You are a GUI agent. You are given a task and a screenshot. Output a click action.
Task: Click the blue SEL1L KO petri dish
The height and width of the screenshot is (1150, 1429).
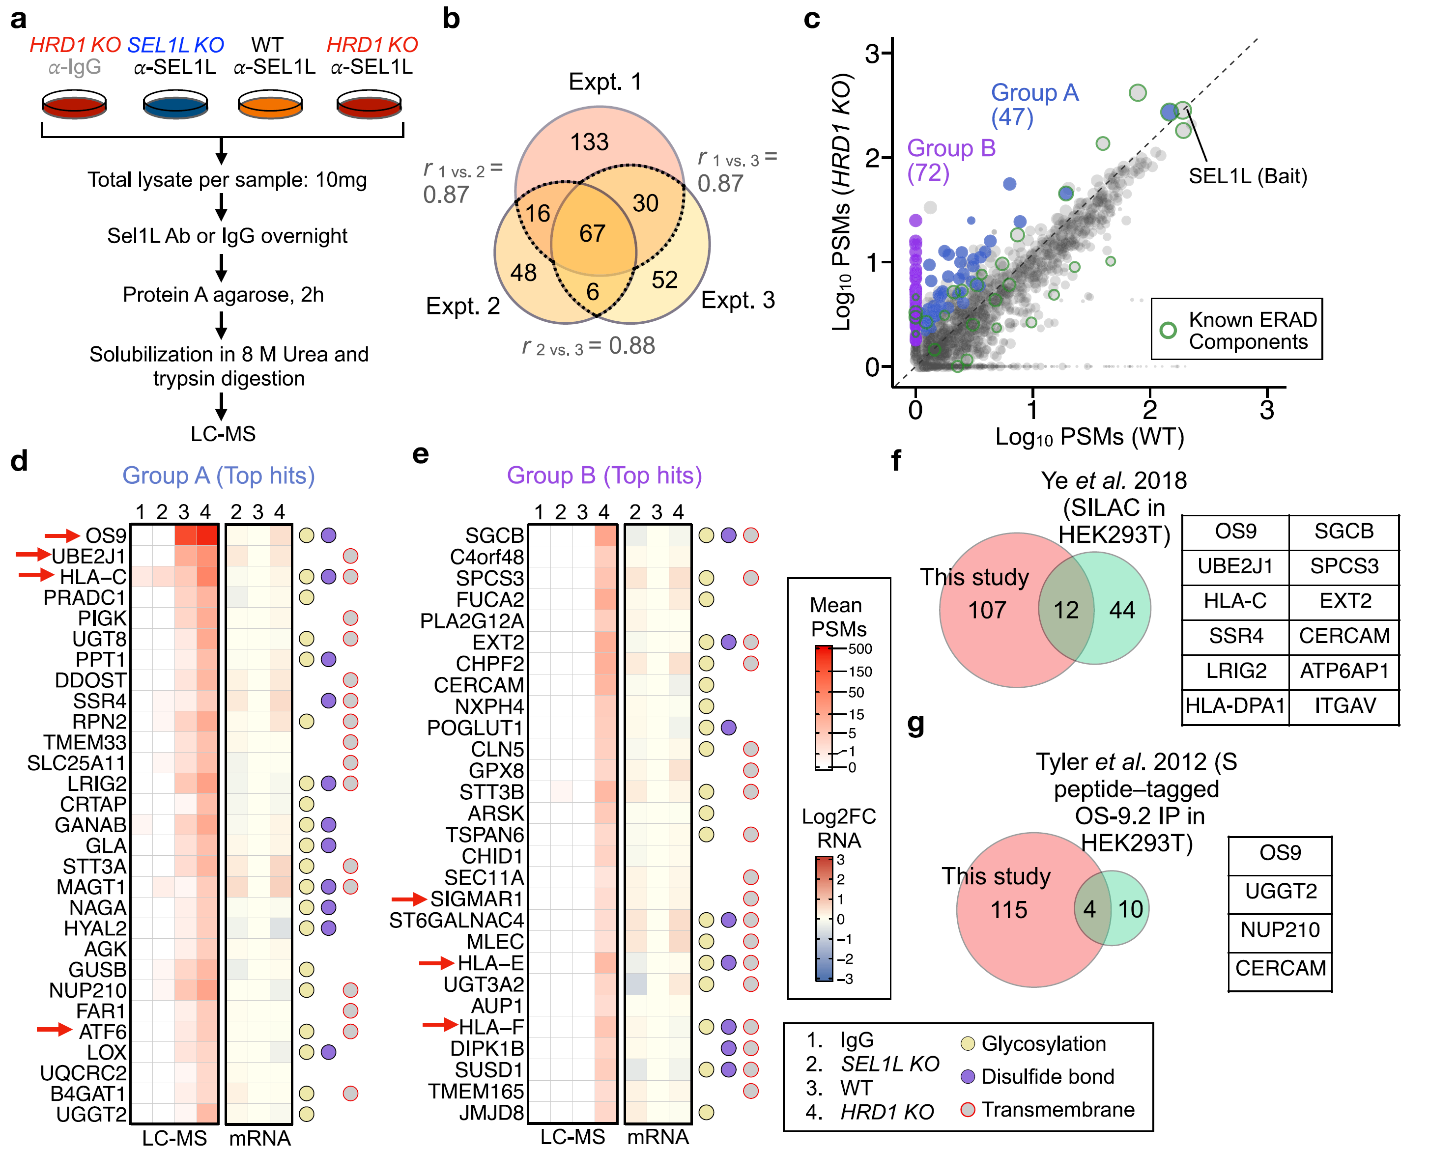[175, 105]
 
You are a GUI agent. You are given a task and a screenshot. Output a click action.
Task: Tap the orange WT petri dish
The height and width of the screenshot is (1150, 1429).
[270, 105]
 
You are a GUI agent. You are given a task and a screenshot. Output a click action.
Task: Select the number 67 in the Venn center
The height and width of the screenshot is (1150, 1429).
[592, 233]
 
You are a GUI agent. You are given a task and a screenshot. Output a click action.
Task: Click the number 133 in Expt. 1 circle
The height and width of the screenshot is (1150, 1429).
[589, 142]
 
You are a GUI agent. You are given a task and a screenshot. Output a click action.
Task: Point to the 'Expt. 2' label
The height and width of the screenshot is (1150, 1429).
[462, 306]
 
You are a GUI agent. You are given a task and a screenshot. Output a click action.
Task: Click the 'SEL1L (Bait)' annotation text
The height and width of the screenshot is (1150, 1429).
[1247, 176]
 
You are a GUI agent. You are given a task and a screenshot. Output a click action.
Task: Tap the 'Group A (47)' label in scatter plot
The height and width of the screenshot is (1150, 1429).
[1034, 105]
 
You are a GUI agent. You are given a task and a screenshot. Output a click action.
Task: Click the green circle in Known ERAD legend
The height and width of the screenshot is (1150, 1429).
[1169, 330]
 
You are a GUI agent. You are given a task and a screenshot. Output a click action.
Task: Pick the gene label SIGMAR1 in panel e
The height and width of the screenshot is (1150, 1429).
[477, 899]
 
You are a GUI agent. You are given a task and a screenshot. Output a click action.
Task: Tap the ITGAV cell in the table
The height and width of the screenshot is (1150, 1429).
[1345, 705]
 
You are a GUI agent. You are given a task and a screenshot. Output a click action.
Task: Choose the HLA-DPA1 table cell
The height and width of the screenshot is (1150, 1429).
[1235, 705]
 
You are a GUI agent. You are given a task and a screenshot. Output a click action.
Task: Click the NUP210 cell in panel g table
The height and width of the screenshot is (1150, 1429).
[1280, 929]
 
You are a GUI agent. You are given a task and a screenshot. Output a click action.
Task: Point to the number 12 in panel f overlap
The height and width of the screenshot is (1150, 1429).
[1066, 610]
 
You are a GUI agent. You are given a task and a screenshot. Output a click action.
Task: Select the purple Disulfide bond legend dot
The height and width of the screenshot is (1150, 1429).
[968, 1076]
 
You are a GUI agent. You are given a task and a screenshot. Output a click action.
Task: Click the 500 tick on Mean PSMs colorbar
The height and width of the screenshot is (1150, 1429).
[859, 649]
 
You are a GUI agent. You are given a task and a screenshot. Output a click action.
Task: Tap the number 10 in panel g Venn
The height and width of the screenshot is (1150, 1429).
[1130, 909]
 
